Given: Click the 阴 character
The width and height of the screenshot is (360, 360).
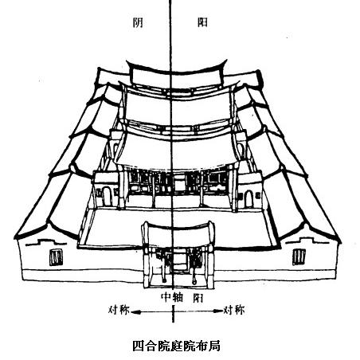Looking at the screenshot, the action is coord(138,22).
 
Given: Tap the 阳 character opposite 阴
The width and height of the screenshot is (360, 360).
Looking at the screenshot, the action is coord(202,22).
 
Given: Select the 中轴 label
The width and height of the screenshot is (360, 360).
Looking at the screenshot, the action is coord(172,297).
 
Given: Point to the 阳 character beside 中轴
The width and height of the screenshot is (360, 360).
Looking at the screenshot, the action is coord(198,298).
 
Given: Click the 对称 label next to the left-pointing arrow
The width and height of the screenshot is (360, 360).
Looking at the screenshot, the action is coord(119,310).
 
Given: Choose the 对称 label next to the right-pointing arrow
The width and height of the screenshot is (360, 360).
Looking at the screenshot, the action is coord(234,310).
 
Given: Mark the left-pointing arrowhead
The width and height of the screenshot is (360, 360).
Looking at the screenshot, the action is coord(135,312).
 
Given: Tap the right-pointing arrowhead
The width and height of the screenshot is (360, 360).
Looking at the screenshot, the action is coord(218,311).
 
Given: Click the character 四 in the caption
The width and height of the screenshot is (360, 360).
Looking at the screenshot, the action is coord(138,346).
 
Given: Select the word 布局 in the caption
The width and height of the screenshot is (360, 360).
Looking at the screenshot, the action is coord(209,346).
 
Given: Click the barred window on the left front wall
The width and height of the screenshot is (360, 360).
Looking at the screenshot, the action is coord(56,256).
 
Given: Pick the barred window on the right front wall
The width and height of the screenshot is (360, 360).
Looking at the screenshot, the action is coord(299,256).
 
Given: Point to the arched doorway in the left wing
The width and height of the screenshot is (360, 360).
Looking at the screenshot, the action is coord(107,196).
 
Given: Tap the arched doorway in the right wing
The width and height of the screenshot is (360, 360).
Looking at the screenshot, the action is coord(248,199).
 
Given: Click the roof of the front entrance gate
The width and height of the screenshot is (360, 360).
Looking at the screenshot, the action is coord(178,235).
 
